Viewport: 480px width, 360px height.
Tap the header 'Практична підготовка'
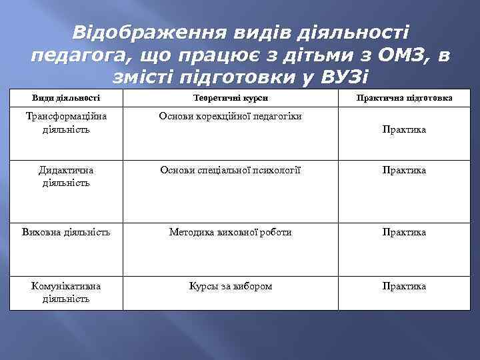click(x=404, y=98)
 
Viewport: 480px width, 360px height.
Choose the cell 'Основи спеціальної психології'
click(x=230, y=171)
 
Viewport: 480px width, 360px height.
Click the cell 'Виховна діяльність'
click(x=66, y=233)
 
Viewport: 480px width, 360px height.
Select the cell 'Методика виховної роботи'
click(x=230, y=233)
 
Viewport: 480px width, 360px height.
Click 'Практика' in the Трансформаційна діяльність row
click(x=404, y=129)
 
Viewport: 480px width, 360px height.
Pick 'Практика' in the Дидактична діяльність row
click(x=404, y=171)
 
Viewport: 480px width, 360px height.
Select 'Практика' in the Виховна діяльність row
click(x=404, y=233)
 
